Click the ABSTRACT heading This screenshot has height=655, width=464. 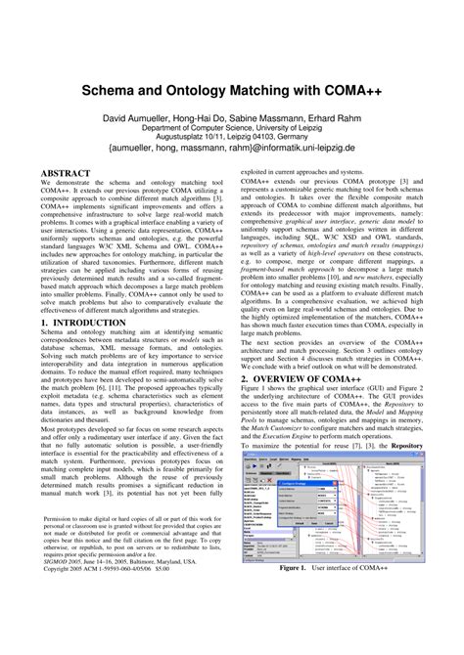point(66,173)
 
